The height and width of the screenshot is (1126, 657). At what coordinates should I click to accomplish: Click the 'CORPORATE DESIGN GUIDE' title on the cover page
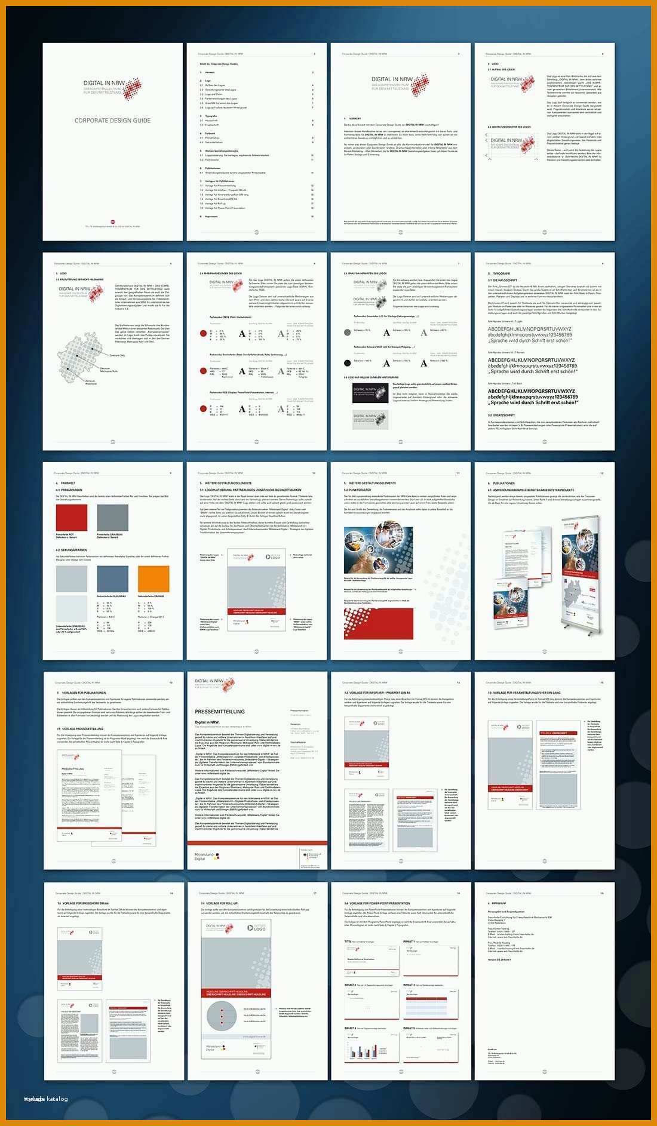click(x=112, y=121)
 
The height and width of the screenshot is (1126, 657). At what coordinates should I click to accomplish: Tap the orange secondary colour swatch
click(x=153, y=579)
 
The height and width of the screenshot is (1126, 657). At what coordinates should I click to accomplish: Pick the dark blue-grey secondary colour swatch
click(x=112, y=579)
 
